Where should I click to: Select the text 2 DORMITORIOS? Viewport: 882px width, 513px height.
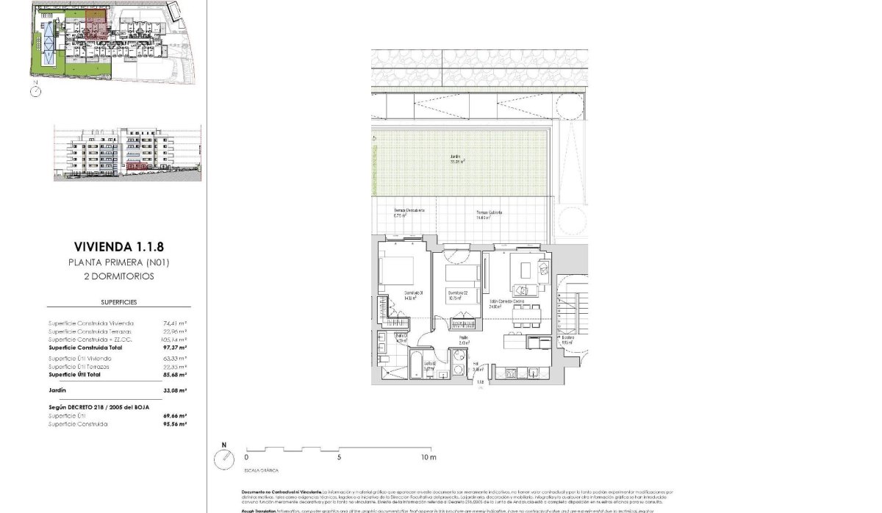point(118,276)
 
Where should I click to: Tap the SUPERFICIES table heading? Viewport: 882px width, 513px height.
point(118,302)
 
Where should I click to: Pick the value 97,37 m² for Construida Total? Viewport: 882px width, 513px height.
point(174,348)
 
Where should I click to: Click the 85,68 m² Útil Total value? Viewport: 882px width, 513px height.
point(174,375)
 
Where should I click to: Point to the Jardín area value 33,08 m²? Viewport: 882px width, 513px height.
point(174,390)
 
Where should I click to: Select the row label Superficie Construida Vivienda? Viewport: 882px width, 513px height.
point(91,323)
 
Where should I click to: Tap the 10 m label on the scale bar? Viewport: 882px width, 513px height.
point(429,457)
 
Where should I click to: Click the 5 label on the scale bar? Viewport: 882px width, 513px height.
point(339,457)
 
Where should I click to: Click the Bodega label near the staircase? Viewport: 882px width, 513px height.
point(567,339)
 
